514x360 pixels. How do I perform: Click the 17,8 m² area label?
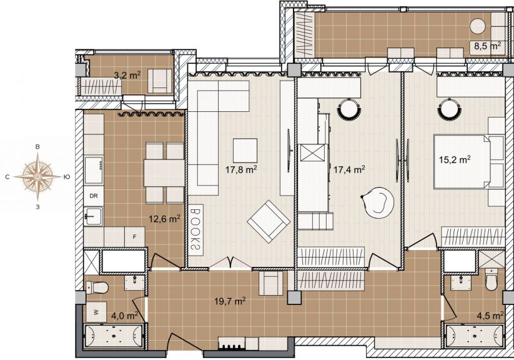[241, 169]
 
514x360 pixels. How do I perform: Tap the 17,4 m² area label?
[350, 169]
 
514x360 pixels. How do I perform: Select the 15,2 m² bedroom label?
[455, 160]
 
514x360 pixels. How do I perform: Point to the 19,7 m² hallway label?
[230, 301]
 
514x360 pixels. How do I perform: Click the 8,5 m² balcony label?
[487, 46]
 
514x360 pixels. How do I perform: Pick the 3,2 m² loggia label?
[127, 75]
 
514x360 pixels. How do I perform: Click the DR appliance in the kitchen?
[94, 196]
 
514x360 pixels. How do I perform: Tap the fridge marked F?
[134, 237]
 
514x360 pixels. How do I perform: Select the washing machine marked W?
[96, 312]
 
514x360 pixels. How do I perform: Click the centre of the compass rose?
[37, 177]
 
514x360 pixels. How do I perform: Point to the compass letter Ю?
[66, 177]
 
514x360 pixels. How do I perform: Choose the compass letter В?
[37, 147]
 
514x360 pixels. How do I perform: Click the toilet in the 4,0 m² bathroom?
[97, 287]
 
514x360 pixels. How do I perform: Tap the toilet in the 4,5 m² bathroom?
[491, 279]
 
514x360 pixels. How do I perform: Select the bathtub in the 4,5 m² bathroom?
[474, 336]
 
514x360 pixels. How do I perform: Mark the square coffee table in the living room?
[245, 150]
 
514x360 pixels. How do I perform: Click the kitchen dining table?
[164, 173]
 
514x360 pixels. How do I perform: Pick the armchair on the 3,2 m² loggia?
[159, 81]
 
